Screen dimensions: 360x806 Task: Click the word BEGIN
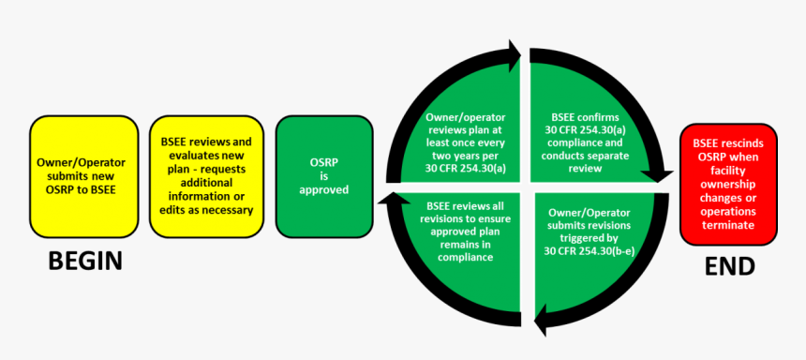pyautogui.click(x=85, y=261)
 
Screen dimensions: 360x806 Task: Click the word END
pyautogui.click(x=729, y=266)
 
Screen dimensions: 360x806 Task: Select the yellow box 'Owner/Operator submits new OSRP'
pyautogui.click(x=81, y=176)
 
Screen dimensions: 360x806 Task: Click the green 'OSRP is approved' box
pyautogui.click(x=323, y=176)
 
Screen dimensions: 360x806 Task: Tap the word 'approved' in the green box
pyautogui.click(x=324, y=190)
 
